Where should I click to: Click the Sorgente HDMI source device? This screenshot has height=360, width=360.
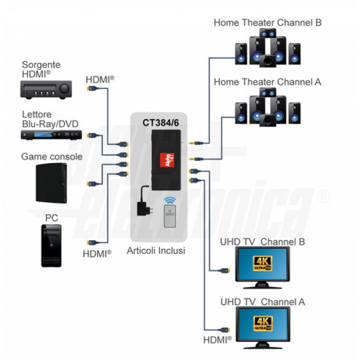(45, 91)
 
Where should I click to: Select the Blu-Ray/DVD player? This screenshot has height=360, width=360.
(51, 135)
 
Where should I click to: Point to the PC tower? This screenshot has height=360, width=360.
(51, 245)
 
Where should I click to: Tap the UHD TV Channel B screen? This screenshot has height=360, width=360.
(262, 263)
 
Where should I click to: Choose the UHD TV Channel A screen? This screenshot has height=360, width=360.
(262, 323)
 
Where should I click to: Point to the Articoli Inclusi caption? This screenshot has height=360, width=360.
(156, 251)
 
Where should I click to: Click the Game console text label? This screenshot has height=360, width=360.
(51, 156)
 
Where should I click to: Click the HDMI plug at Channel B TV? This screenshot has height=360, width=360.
(225, 270)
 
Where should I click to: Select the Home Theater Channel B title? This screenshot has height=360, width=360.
(267, 23)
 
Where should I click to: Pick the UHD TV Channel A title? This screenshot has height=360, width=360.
(262, 302)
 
